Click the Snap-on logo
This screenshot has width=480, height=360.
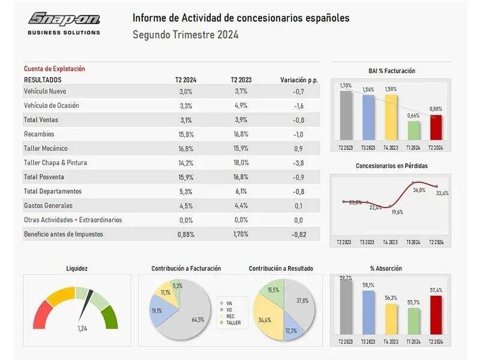[x=64, y=23]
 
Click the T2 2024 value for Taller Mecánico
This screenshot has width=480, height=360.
[x=186, y=149]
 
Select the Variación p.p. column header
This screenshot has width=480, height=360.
[x=299, y=80]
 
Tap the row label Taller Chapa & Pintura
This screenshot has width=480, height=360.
[x=55, y=163]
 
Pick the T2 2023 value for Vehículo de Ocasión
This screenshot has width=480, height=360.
[x=241, y=106]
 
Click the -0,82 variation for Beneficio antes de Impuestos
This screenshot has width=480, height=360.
[x=298, y=235]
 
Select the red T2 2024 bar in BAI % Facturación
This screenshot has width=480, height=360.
[x=436, y=128]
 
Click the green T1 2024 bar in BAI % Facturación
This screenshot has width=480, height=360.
[x=413, y=131]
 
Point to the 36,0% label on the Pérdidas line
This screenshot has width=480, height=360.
[x=419, y=190]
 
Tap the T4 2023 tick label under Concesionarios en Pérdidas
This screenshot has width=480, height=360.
[x=391, y=242]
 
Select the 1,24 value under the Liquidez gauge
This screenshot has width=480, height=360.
[x=82, y=329]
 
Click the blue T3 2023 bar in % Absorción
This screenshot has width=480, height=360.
[x=368, y=313]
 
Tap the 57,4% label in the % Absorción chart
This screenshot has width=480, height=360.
[x=436, y=290]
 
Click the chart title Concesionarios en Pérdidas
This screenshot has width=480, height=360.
[x=392, y=166]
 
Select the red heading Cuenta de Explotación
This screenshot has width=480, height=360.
[x=55, y=68]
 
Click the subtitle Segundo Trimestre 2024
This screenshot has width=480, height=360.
[x=185, y=35]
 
